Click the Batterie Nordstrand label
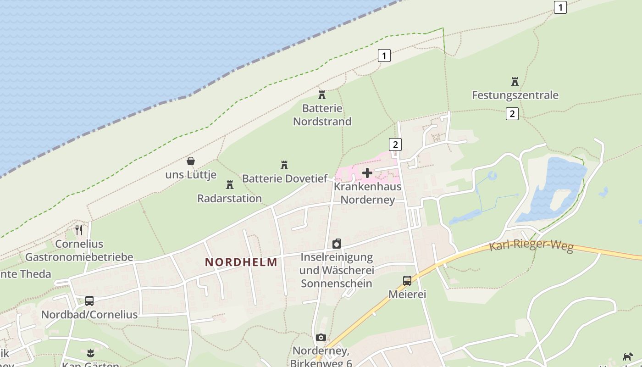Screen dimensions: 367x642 click(x=322, y=115)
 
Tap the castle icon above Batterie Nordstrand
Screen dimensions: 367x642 click(x=322, y=95)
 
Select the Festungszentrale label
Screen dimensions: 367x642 click(x=515, y=95)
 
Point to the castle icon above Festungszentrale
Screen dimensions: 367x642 click(x=515, y=82)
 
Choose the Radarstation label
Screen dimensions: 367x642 click(x=229, y=198)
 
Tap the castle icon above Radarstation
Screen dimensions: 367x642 click(x=230, y=185)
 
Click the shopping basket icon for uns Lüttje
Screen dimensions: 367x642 click(x=191, y=161)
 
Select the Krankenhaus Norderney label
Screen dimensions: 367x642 click(x=367, y=193)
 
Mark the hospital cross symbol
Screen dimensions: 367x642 click(x=367, y=173)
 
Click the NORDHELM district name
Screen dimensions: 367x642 click(x=241, y=262)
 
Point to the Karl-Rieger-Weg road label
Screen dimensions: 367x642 click(x=531, y=246)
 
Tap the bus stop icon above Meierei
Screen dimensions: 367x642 click(x=407, y=281)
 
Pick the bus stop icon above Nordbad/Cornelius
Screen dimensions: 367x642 click(x=89, y=301)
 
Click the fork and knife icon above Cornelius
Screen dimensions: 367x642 click(x=79, y=230)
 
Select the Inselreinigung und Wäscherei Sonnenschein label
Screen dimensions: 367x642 click(x=337, y=270)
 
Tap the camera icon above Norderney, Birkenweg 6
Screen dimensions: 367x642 click(x=321, y=338)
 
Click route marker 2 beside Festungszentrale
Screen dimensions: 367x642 click(x=512, y=113)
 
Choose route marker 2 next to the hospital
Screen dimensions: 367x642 click(x=395, y=145)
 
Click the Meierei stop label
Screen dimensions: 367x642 click(x=407, y=294)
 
